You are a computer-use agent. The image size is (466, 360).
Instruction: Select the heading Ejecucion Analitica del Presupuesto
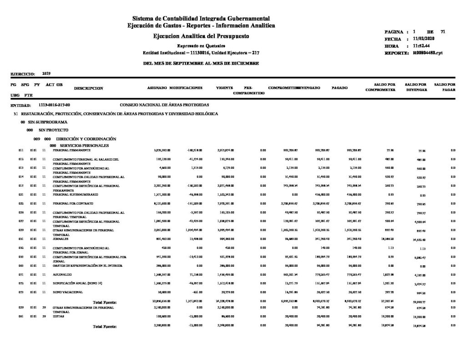(x=201, y=35)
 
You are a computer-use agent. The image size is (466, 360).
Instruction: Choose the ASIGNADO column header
(x=157, y=87)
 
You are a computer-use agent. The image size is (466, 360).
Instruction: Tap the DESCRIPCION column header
(x=88, y=87)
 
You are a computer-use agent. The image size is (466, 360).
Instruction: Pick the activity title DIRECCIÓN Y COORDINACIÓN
(x=80, y=138)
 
